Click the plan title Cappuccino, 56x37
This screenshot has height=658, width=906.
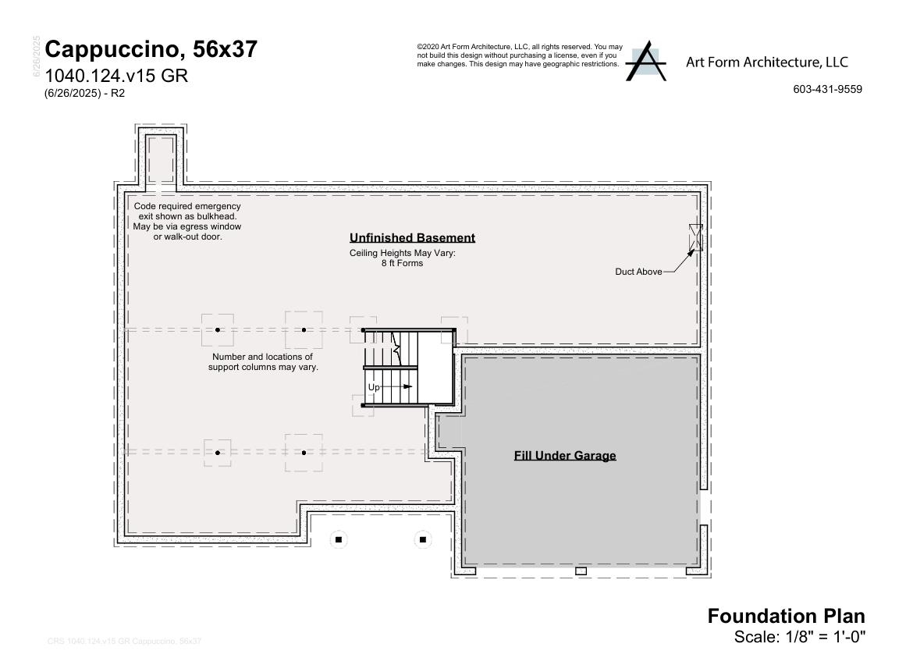tap(151, 50)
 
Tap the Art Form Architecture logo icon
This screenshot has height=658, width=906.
tap(645, 62)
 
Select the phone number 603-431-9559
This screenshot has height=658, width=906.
tap(827, 89)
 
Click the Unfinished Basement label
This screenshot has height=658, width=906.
tap(412, 238)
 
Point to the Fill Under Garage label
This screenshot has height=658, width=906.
tap(565, 456)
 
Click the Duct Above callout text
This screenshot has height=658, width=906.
tap(638, 272)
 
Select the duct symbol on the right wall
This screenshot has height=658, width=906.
tap(695, 237)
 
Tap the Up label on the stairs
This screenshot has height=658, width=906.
tap(374, 387)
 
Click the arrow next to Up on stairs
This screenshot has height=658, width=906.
tap(399, 386)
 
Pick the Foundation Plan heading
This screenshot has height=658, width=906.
tap(786, 616)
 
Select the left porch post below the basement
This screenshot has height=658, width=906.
tap(338, 539)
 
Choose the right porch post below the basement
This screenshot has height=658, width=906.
tap(423, 539)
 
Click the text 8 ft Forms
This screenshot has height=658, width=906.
tap(402, 264)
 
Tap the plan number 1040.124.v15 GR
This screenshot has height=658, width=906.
tap(116, 76)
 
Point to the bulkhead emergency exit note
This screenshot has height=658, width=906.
tap(187, 221)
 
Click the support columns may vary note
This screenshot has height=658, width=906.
tap(263, 361)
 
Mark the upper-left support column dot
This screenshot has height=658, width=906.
tap(218, 330)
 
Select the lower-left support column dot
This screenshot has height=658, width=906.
tap(218, 453)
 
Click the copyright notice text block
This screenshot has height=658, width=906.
tap(519, 55)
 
